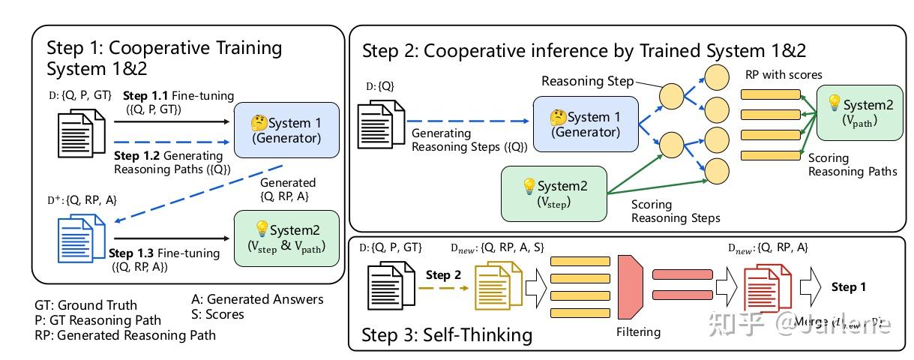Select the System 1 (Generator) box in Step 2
pyautogui.click(x=585, y=124)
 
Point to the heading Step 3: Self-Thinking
pyautogui.click(x=447, y=334)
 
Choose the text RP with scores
pyautogui.click(x=784, y=75)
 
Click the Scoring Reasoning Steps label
pyautogui.click(x=675, y=211)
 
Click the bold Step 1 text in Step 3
pyautogui.click(x=849, y=286)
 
